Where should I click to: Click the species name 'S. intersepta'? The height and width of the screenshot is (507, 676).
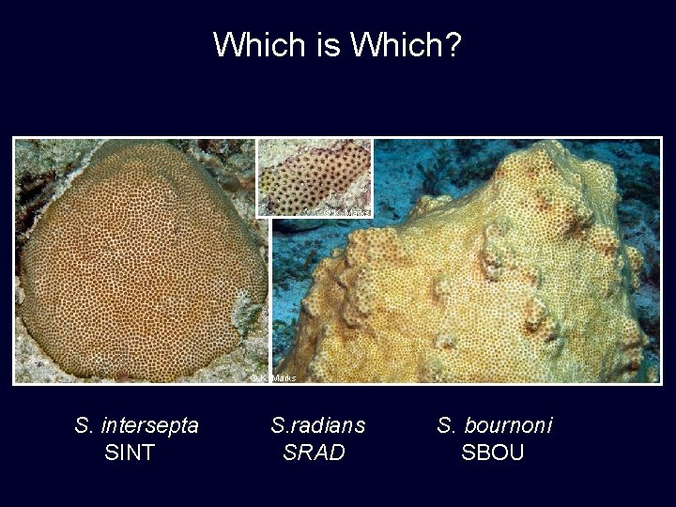coord(137,425)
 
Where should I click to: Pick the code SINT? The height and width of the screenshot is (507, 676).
coord(131,453)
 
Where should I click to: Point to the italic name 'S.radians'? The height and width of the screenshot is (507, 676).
coord(317,425)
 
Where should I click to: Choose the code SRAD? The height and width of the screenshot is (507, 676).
coord(315,453)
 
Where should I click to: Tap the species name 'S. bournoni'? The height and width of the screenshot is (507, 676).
coord(495,425)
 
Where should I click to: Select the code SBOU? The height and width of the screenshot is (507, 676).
coord(493,453)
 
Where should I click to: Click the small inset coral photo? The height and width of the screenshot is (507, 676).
coord(315,177)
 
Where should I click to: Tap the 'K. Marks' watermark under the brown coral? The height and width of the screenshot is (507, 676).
coord(273,377)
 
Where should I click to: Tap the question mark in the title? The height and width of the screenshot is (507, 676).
coord(453,43)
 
